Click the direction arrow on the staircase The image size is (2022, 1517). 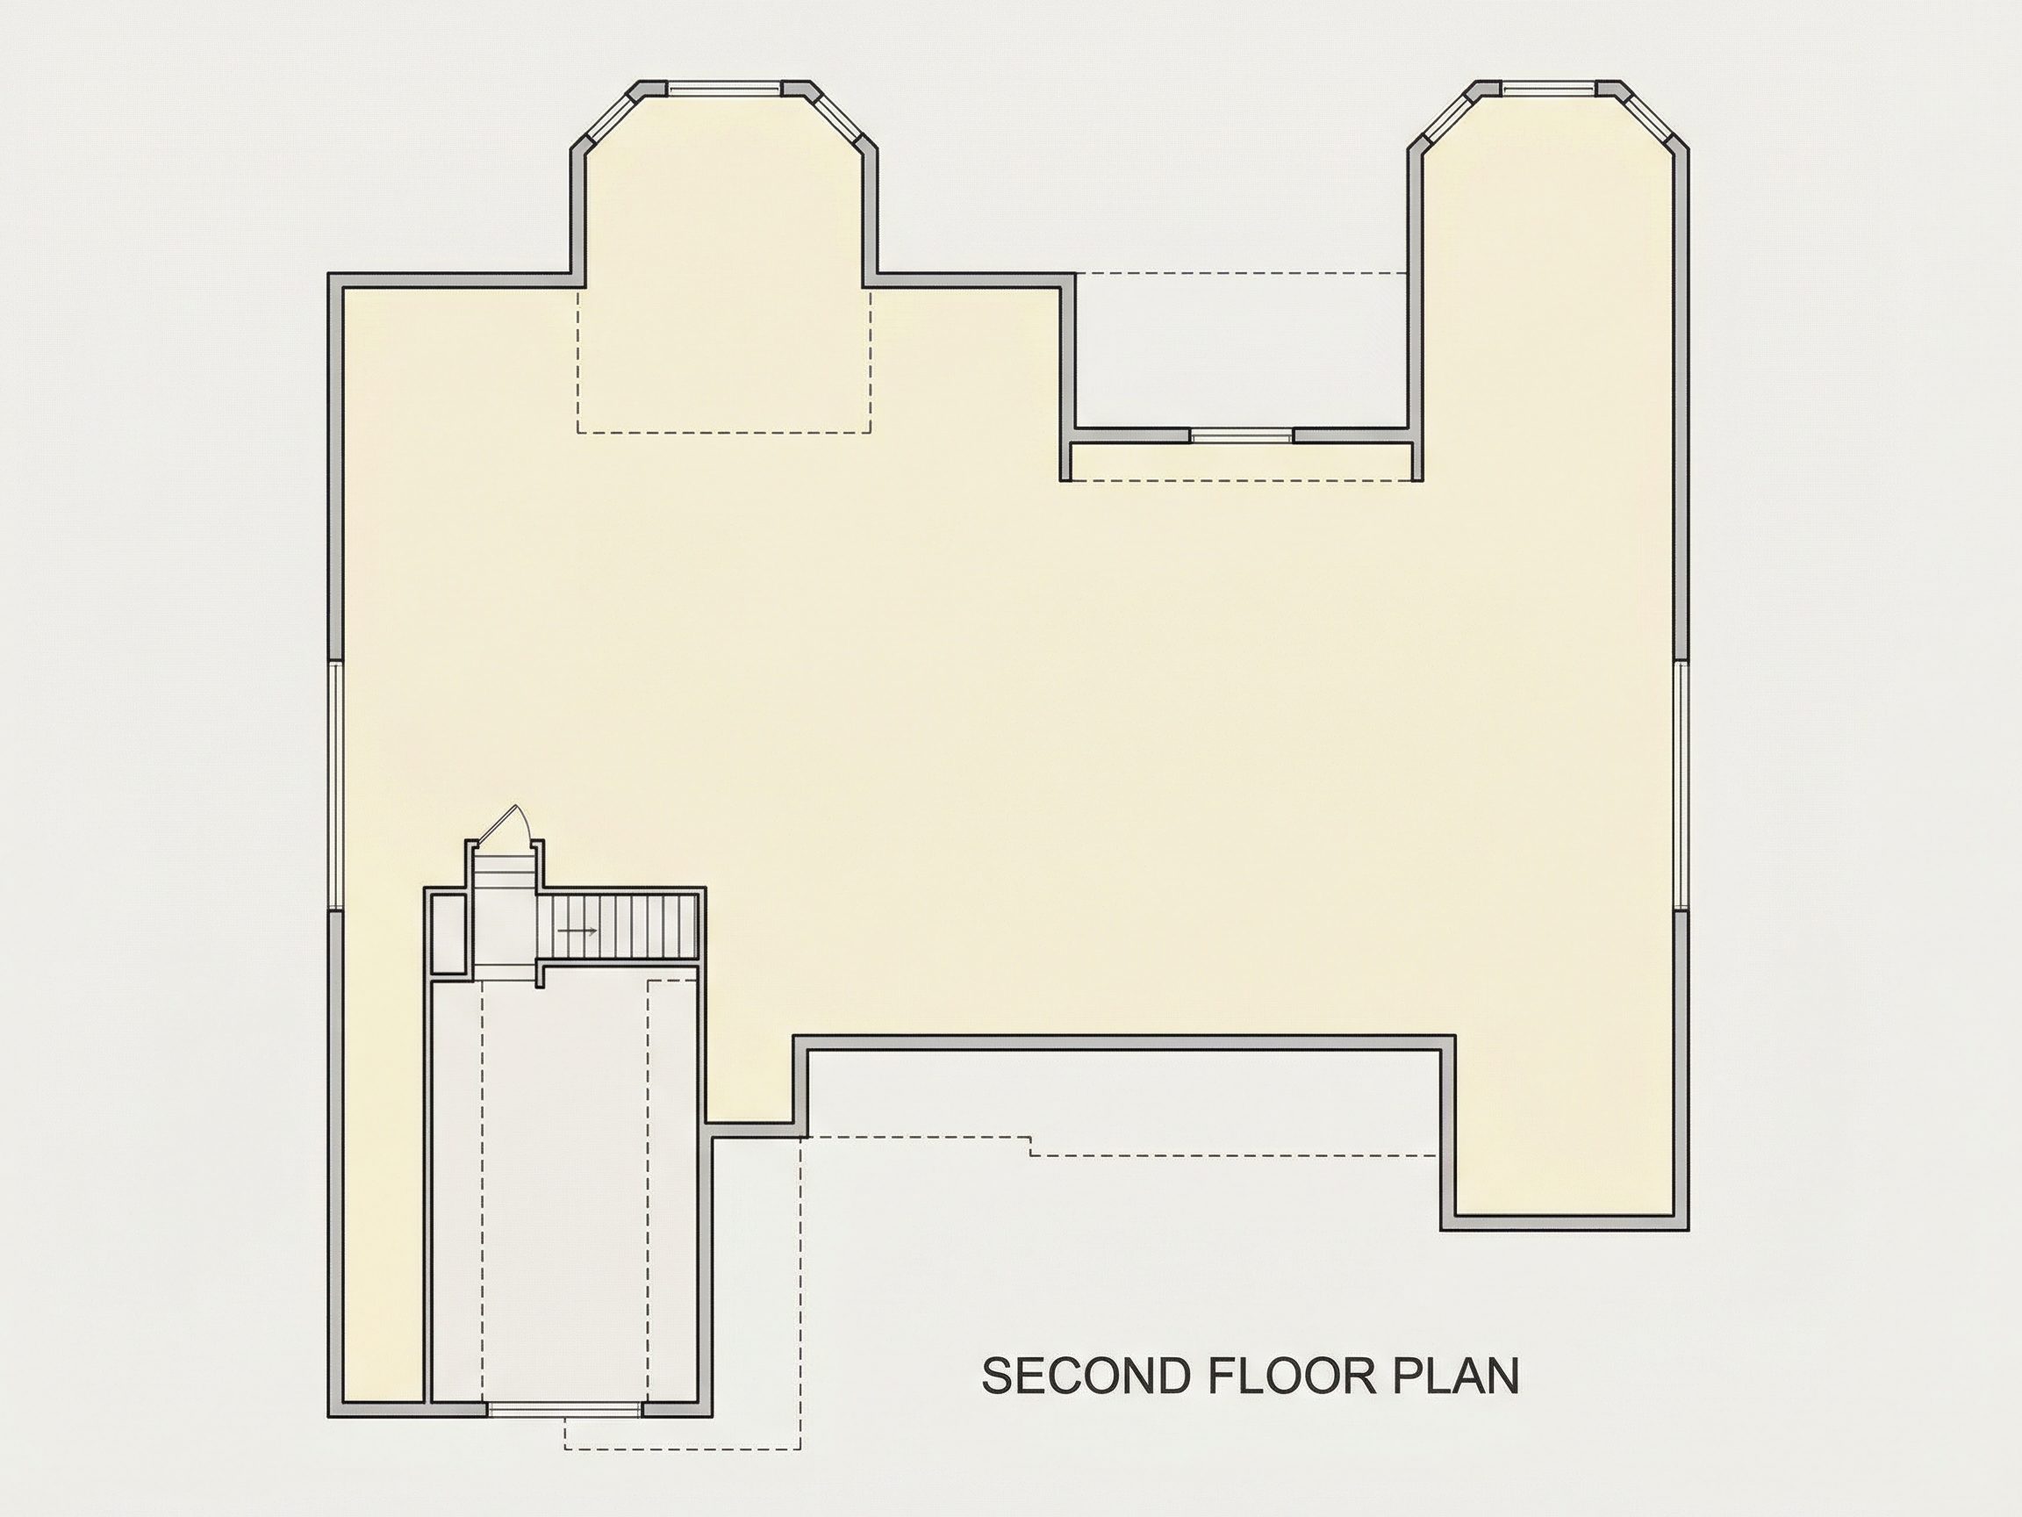(x=577, y=931)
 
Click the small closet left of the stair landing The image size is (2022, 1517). (x=448, y=933)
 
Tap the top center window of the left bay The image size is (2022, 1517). (x=725, y=89)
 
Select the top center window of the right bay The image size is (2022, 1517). (x=1548, y=89)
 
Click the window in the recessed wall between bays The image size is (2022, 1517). (x=1244, y=436)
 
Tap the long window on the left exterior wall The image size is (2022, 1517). (x=335, y=785)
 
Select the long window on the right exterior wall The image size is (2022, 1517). (x=1681, y=785)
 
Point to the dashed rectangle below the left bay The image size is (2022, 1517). (x=724, y=359)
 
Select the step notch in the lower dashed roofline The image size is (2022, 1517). (x=1031, y=1147)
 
